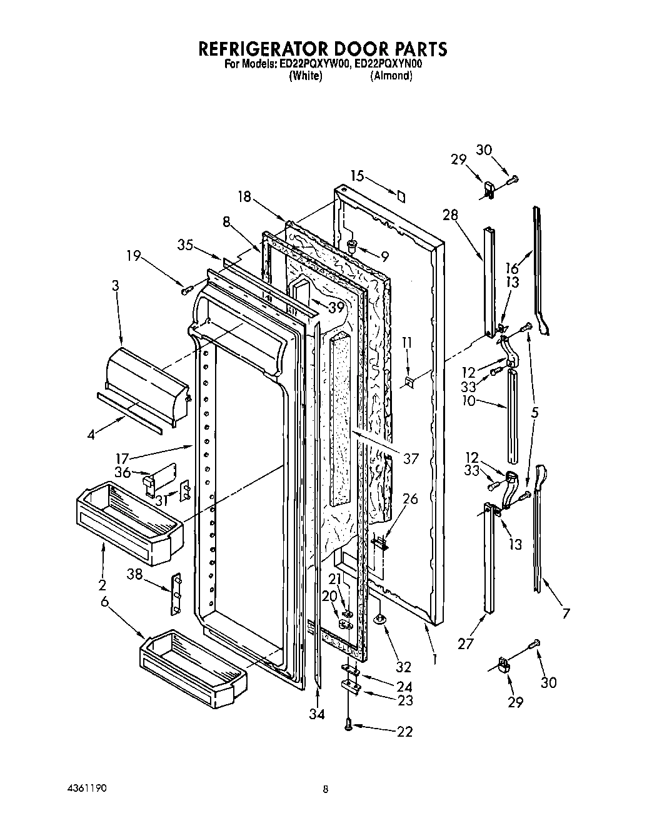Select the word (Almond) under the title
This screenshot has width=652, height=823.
point(391,76)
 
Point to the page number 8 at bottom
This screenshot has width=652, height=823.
point(326,789)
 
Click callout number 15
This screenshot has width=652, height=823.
point(356,176)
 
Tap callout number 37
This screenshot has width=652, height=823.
point(410,458)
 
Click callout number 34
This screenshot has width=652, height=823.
point(317,714)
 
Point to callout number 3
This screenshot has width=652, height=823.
point(115,286)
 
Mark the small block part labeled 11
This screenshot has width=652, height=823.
point(409,381)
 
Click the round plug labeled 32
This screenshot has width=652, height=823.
point(379,620)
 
